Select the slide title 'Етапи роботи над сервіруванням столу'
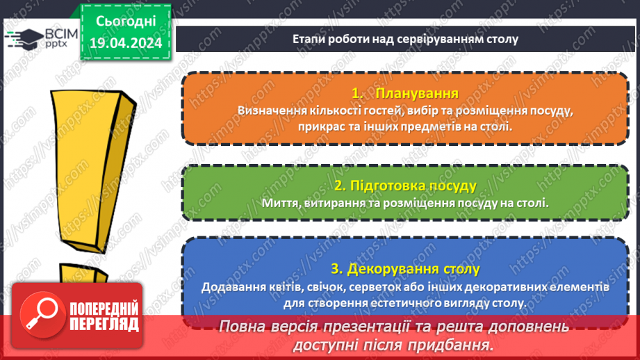405,38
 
